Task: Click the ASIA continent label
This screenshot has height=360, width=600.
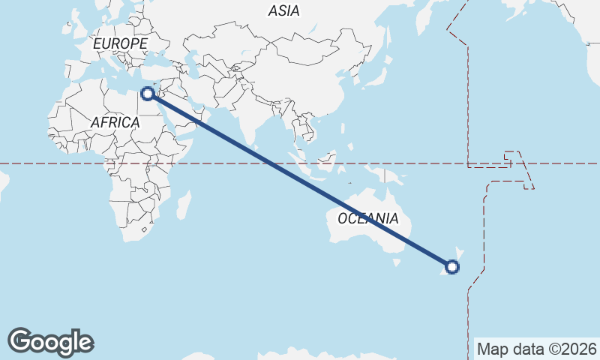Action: pyautogui.click(x=283, y=10)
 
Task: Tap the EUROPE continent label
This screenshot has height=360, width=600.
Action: pyautogui.click(x=120, y=44)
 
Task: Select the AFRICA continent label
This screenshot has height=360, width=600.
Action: pyautogui.click(x=115, y=122)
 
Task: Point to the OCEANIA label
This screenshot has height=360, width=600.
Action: pyautogui.click(x=367, y=218)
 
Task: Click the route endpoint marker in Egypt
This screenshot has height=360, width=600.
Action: pyautogui.click(x=148, y=93)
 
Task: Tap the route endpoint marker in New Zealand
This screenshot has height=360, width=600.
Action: pyautogui.click(x=452, y=266)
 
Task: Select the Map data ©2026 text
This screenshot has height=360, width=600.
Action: pyautogui.click(x=536, y=349)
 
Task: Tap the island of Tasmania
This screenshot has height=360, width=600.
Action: pyautogui.click(x=396, y=262)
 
